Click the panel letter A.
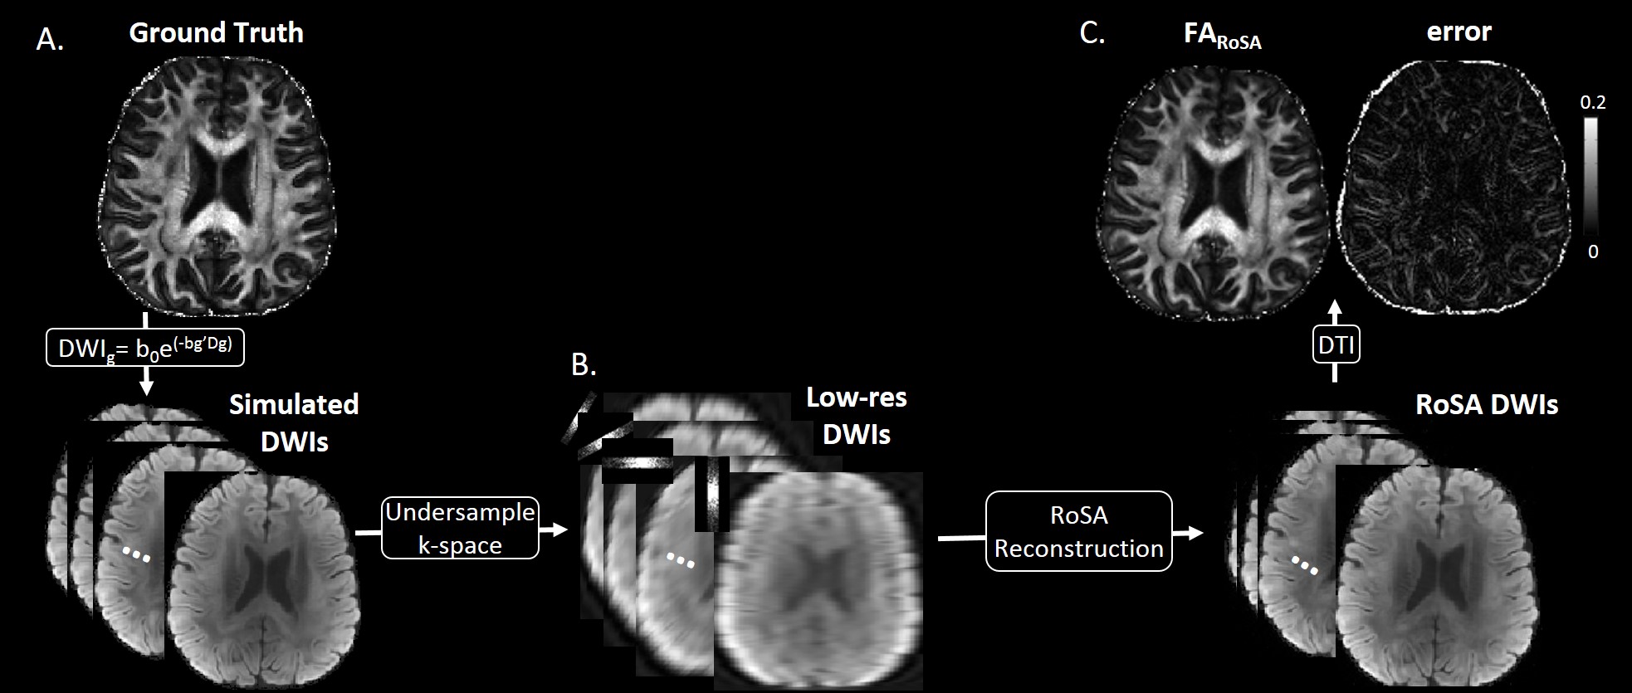[50, 39]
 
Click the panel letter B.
[584, 364]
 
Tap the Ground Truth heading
[217, 33]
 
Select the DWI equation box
[146, 348]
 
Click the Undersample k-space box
[460, 528]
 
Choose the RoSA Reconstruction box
[1078, 531]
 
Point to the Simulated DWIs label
[294, 422]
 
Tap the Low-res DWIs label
[856, 416]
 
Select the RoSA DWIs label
[1486, 405]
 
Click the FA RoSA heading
[1222, 35]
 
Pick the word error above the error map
[1459, 32]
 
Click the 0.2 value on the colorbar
[1592, 102]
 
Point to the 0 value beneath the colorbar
[1592, 251]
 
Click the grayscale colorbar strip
[1590, 176]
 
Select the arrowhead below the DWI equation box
[146, 386]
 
